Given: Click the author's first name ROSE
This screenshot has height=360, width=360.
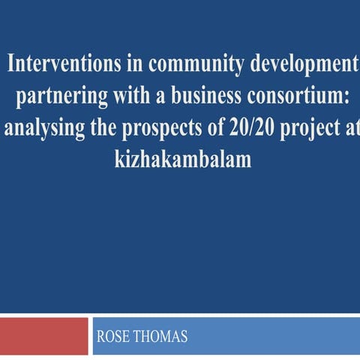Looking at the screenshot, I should point(114,337).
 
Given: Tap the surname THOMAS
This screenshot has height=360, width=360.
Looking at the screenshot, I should point(160,337).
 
